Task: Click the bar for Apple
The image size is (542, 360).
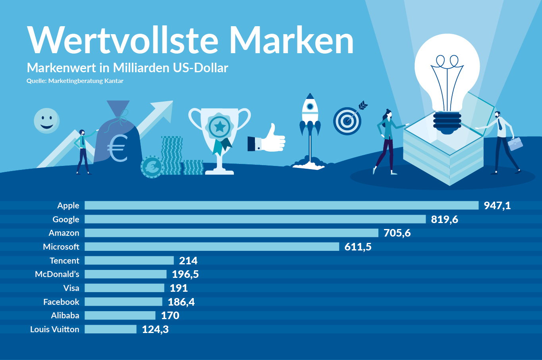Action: (x=282, y=205)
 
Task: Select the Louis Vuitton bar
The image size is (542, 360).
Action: (x=110, y=329)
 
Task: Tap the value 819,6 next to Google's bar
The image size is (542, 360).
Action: (x=444, y=219)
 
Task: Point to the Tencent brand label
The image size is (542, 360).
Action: (x=64, y=260)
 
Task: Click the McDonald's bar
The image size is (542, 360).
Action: (x=125, y=274)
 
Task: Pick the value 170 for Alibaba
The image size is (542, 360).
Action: (x=170, y=316)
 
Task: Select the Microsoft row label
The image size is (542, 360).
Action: (x=61, y=246)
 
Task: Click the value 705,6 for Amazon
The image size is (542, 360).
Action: (x=397, y=233)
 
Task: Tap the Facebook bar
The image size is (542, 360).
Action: (x=123, y=302)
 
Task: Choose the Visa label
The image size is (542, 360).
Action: (x=71, y=288)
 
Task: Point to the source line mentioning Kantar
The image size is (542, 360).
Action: (x=75, y=81)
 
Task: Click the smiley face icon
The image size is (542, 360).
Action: (x=46, y=120)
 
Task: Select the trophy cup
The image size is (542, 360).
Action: (x=219, y=135)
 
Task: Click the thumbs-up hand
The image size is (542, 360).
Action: (x=267, y=139)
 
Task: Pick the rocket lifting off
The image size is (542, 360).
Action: (x=310, y=119)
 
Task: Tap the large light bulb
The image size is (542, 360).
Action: (x=447, y=75)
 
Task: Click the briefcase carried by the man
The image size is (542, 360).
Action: (x=515, y=144)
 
